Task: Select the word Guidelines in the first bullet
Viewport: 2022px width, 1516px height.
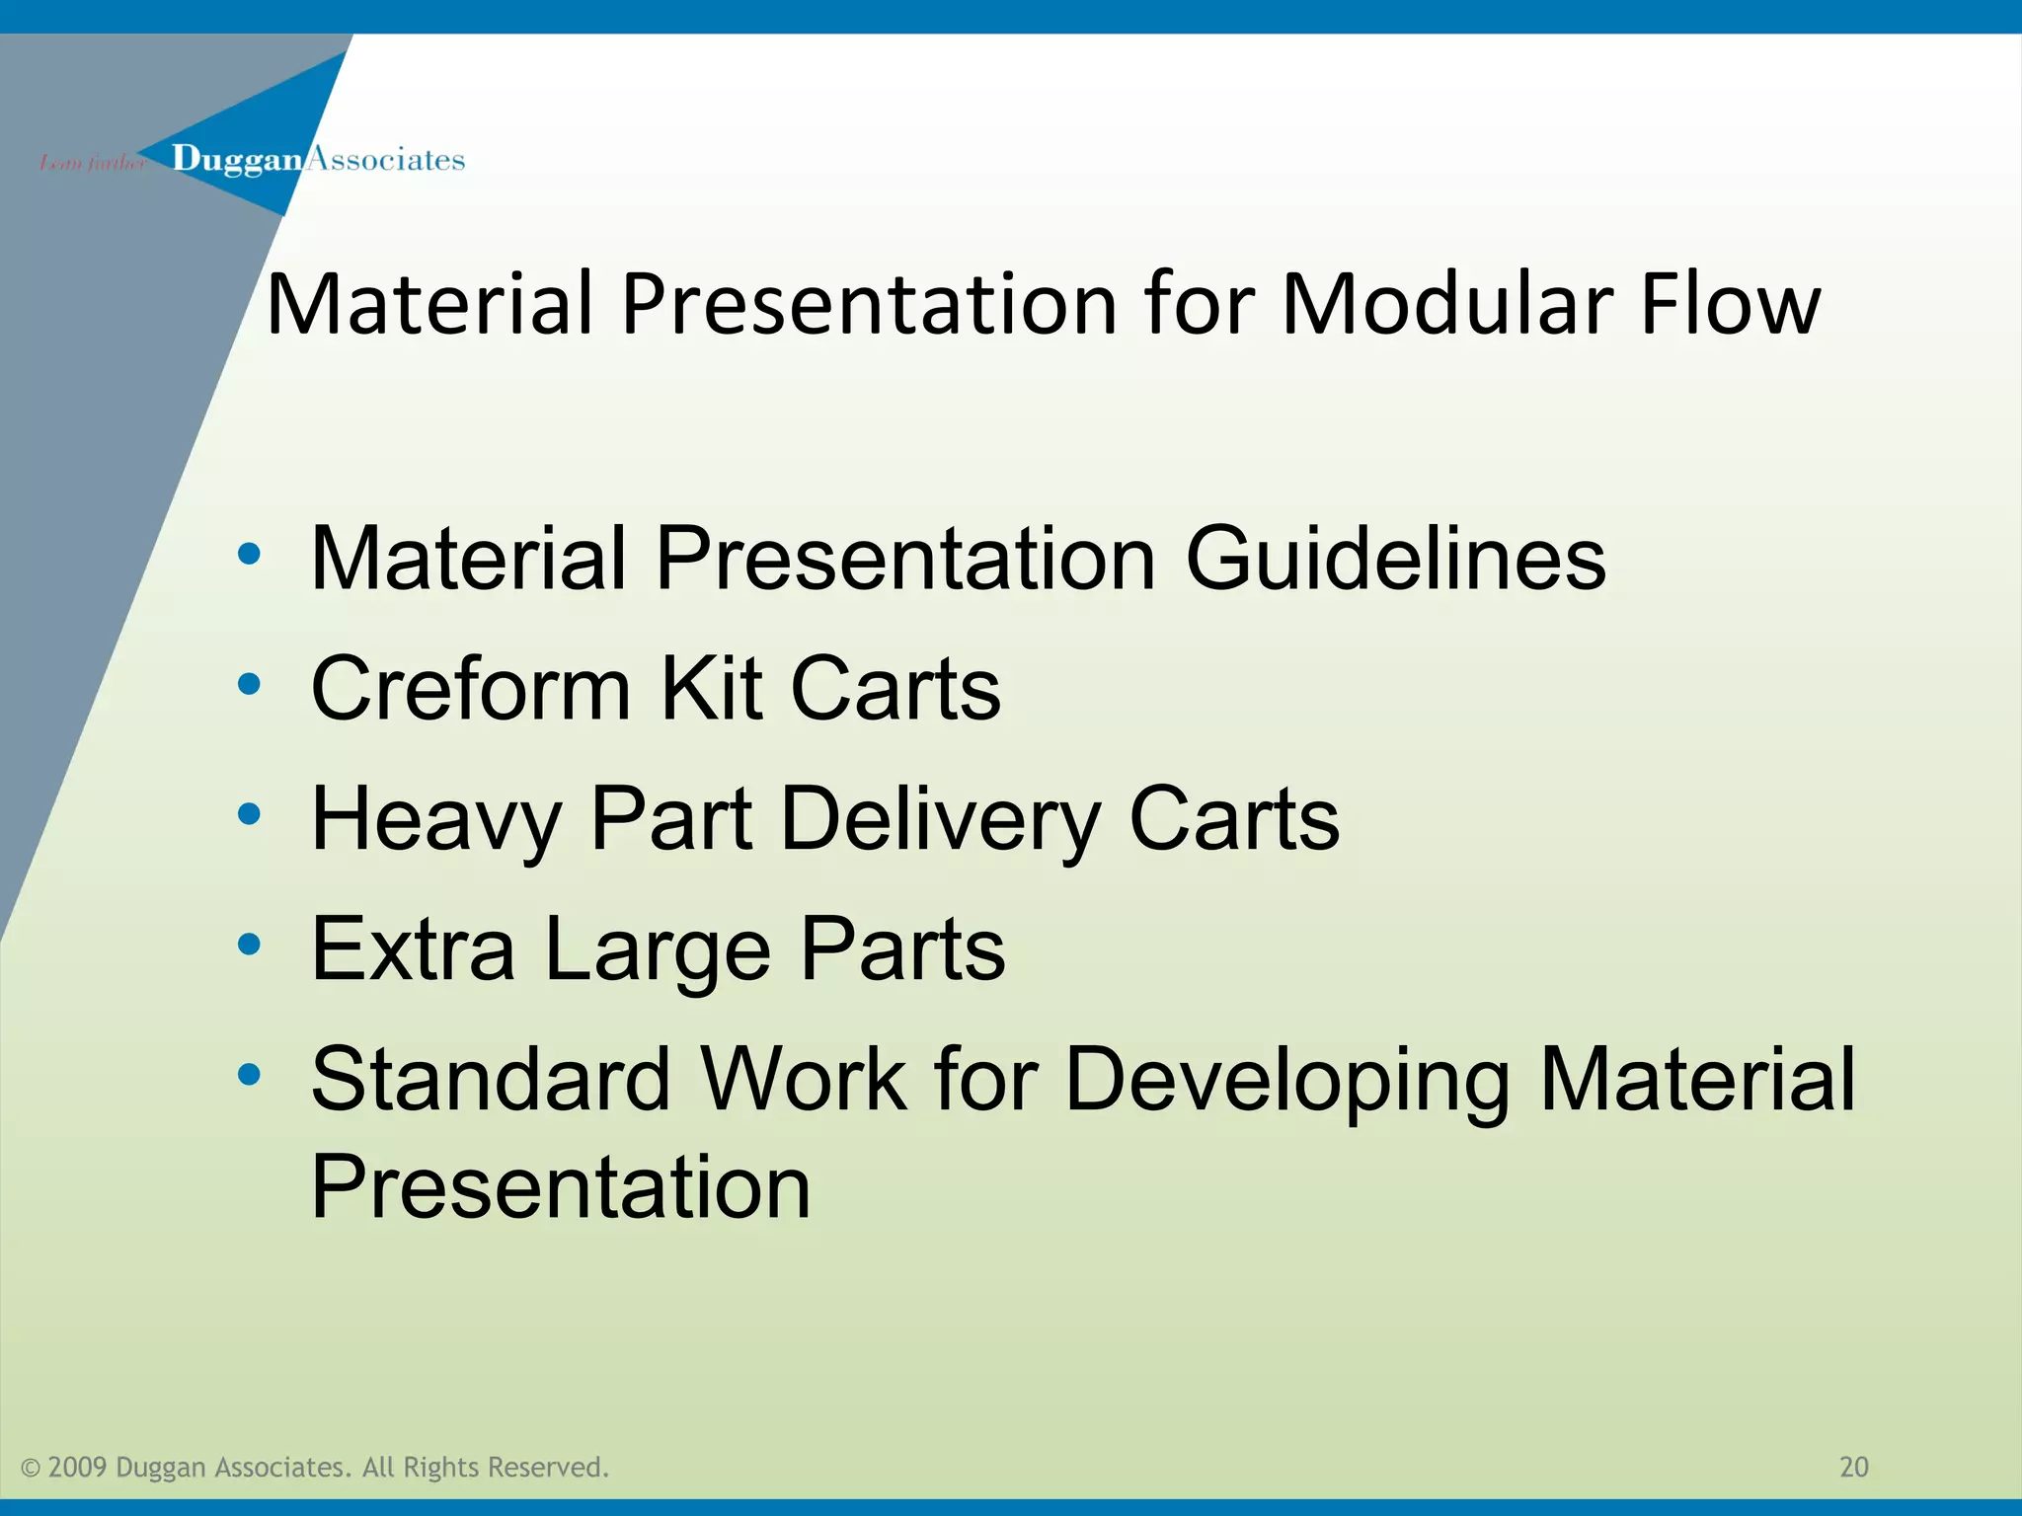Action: [1395, 560]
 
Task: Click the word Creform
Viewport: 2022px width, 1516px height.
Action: [470, 689]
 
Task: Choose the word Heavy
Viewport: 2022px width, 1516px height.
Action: [435, 821]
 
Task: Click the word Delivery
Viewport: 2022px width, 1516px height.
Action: [940, 821]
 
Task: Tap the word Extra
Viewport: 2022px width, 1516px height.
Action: [413, 949]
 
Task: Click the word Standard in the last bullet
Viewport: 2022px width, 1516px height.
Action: [491, 1080]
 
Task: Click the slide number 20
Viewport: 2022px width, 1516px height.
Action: [1854, 1467]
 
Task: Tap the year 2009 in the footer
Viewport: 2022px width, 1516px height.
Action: [77, 1468]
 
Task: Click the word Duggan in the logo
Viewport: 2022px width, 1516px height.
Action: [236, 160]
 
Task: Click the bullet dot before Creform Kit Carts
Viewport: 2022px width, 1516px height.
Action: [249, 683]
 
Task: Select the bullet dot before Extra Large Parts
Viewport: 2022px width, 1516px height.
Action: [249, 945]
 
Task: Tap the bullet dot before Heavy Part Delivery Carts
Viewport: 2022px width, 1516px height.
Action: [249, 814]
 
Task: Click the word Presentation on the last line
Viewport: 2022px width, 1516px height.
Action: [560, 1187]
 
